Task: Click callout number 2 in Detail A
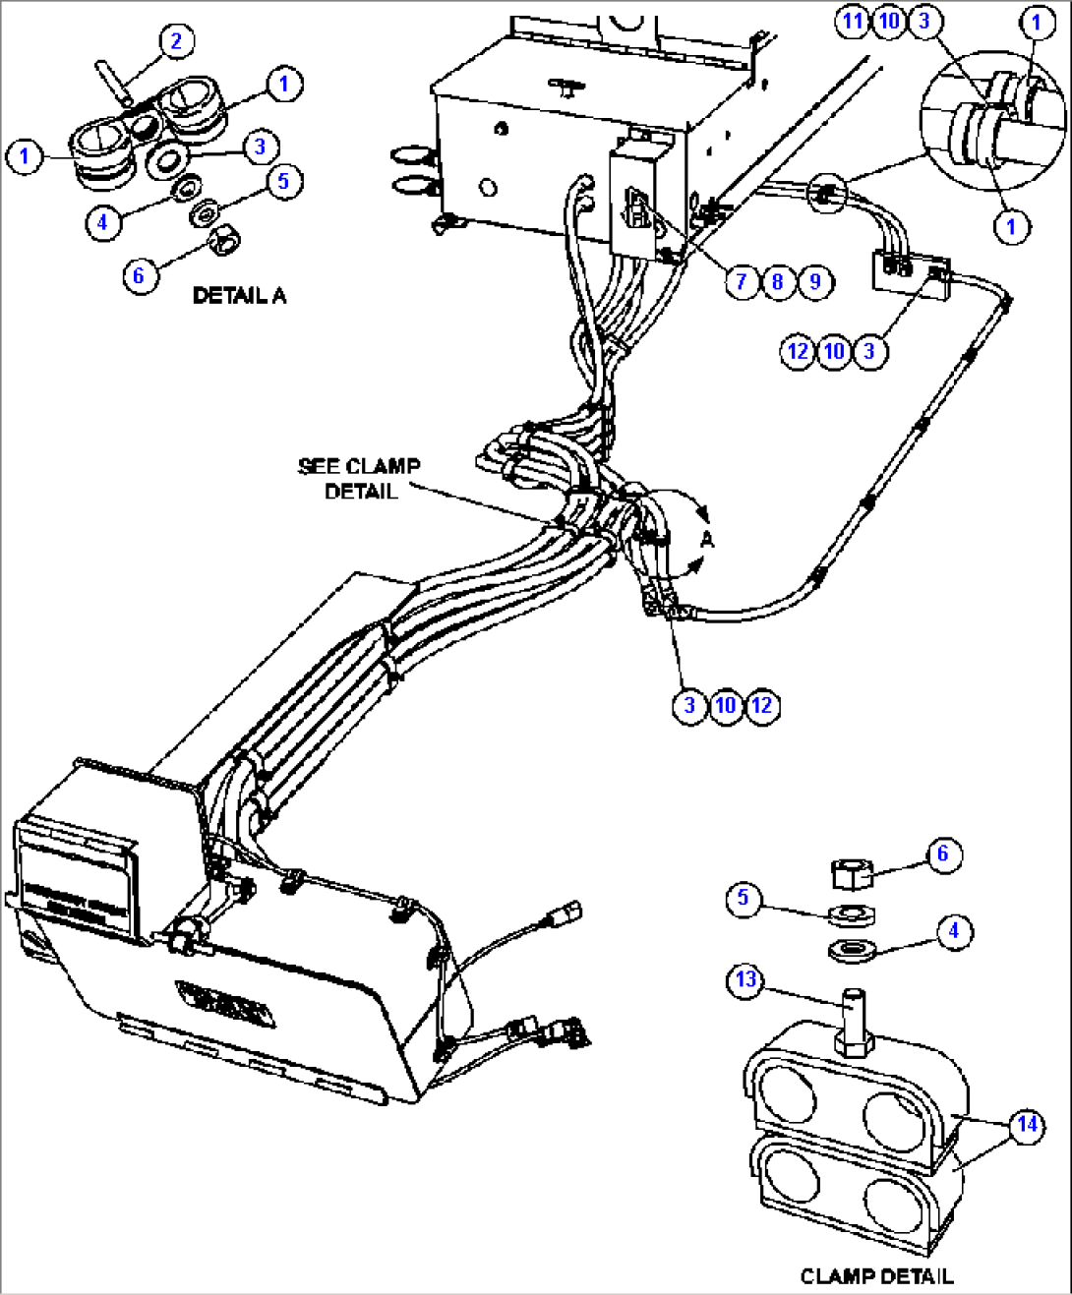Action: [176, 41]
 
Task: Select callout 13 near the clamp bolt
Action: [745, 979]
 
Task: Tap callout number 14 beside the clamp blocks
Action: [1027, 1124]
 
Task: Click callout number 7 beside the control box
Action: [742, 282]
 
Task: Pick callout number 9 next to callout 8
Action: [814, 282]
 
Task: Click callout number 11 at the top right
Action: [853, 21]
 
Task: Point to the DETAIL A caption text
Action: [239, 295]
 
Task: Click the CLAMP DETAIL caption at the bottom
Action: [876, 1275]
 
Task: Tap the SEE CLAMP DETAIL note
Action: [360, 478]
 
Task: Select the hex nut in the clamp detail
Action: [852, 872]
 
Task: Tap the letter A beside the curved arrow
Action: [706, 539]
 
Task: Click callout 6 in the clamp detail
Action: [942, 854]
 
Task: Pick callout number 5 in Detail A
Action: [283, 181]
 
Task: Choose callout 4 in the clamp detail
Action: [953, 930]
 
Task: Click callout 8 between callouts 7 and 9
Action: [778, 282]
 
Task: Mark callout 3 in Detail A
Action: [260, 147]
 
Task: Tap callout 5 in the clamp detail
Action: [744, 898]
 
